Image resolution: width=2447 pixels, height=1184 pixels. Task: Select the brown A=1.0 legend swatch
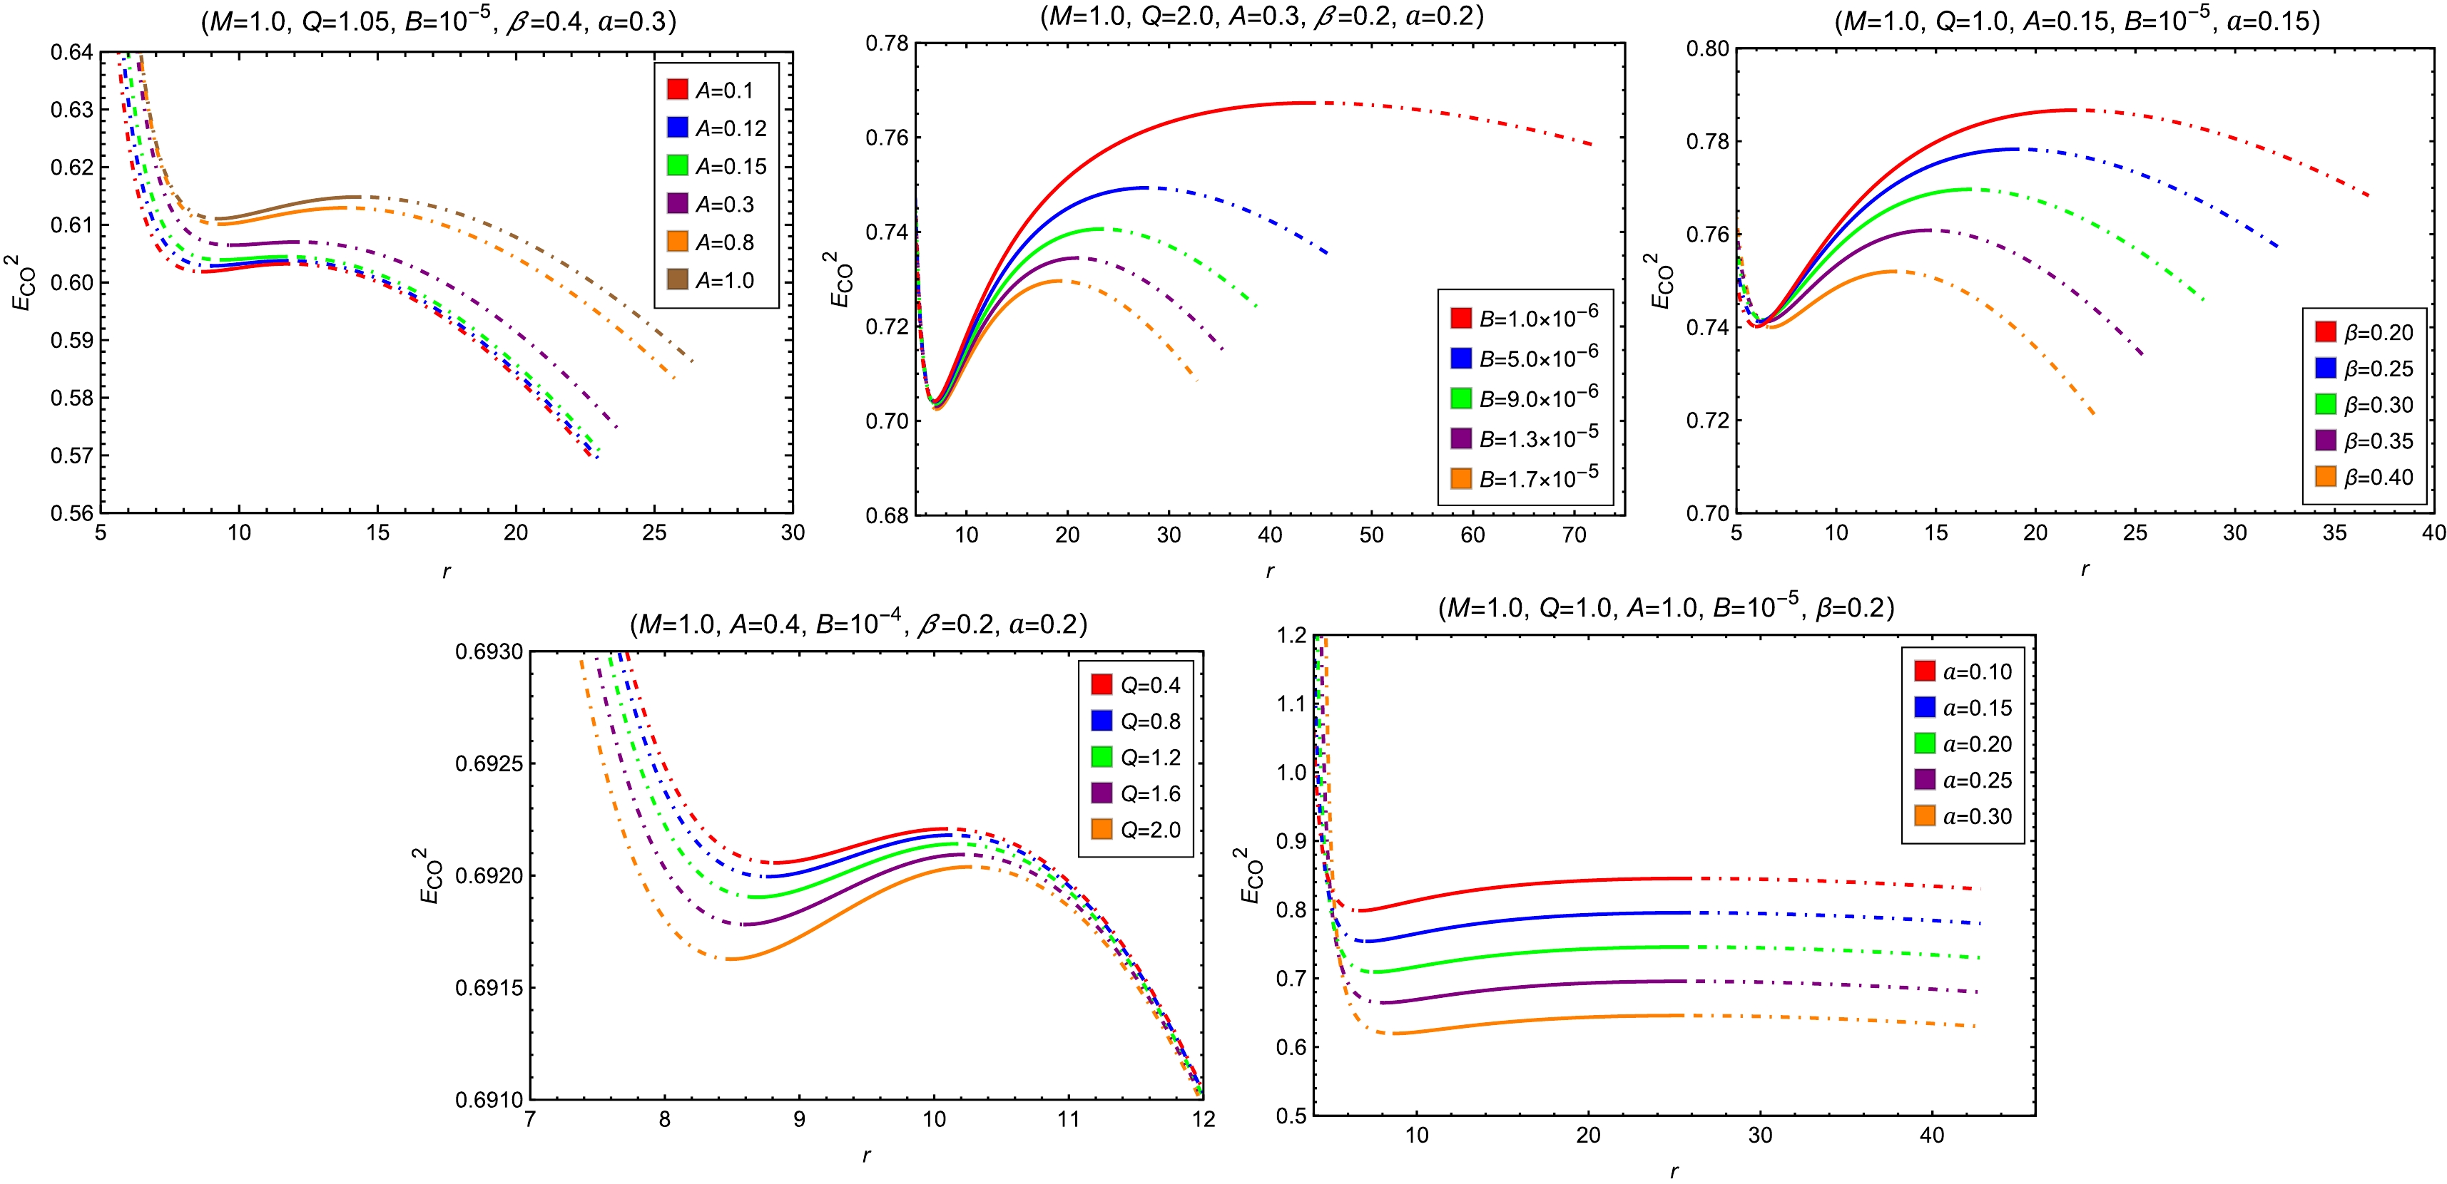[x=677, y=279]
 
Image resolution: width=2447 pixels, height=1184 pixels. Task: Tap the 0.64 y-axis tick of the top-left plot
[x=72, y=52]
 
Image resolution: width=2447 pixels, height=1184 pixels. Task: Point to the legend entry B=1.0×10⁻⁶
[x=1525, y=317]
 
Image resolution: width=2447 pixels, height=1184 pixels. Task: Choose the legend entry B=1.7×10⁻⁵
[x=1525, y=478]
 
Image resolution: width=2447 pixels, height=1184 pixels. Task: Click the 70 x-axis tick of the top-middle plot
[x=1574, y=535]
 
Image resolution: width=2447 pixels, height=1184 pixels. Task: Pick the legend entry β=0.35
[x=2364, y=441]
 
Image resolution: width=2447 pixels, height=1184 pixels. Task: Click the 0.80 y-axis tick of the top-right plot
[x=1707, y=48]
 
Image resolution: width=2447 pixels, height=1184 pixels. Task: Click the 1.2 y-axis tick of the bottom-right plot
[x=1292, y=635]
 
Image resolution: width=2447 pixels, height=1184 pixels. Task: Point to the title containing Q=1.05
[x=439, y=21]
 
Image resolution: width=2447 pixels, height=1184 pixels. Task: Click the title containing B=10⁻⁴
[x=858, y=624]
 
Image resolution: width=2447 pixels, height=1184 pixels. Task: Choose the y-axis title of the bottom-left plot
[x=430, y=875]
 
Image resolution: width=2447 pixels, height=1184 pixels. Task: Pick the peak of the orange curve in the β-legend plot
[x=1891, y=272]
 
